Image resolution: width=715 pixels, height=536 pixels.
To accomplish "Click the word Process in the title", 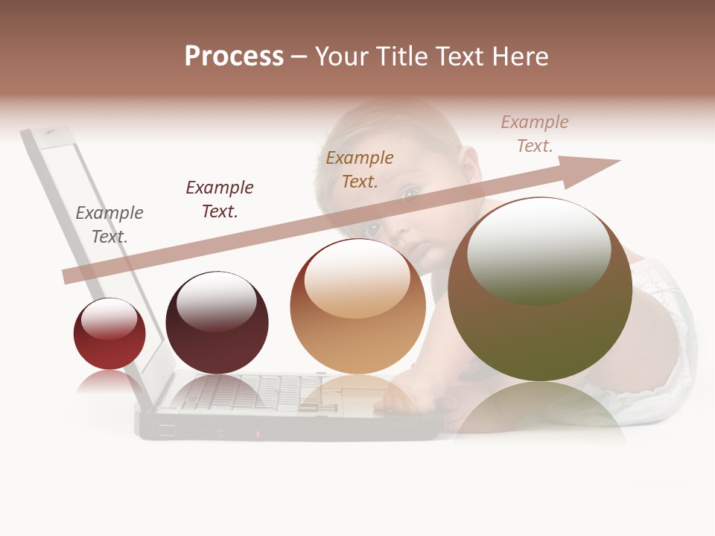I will (x=234, y=57).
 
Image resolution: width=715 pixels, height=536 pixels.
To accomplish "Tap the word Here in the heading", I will (x=518, y=57).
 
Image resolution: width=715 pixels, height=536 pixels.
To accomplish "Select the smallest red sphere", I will (x=109, y=334).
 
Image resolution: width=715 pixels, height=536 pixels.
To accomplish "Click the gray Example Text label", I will (x=109, y=224).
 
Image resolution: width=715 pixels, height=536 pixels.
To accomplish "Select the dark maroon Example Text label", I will (x=220, y=199).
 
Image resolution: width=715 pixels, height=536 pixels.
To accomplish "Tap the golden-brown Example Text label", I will (x=360, y=169).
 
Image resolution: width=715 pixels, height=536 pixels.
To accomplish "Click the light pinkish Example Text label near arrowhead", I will (x=535, y=134).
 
